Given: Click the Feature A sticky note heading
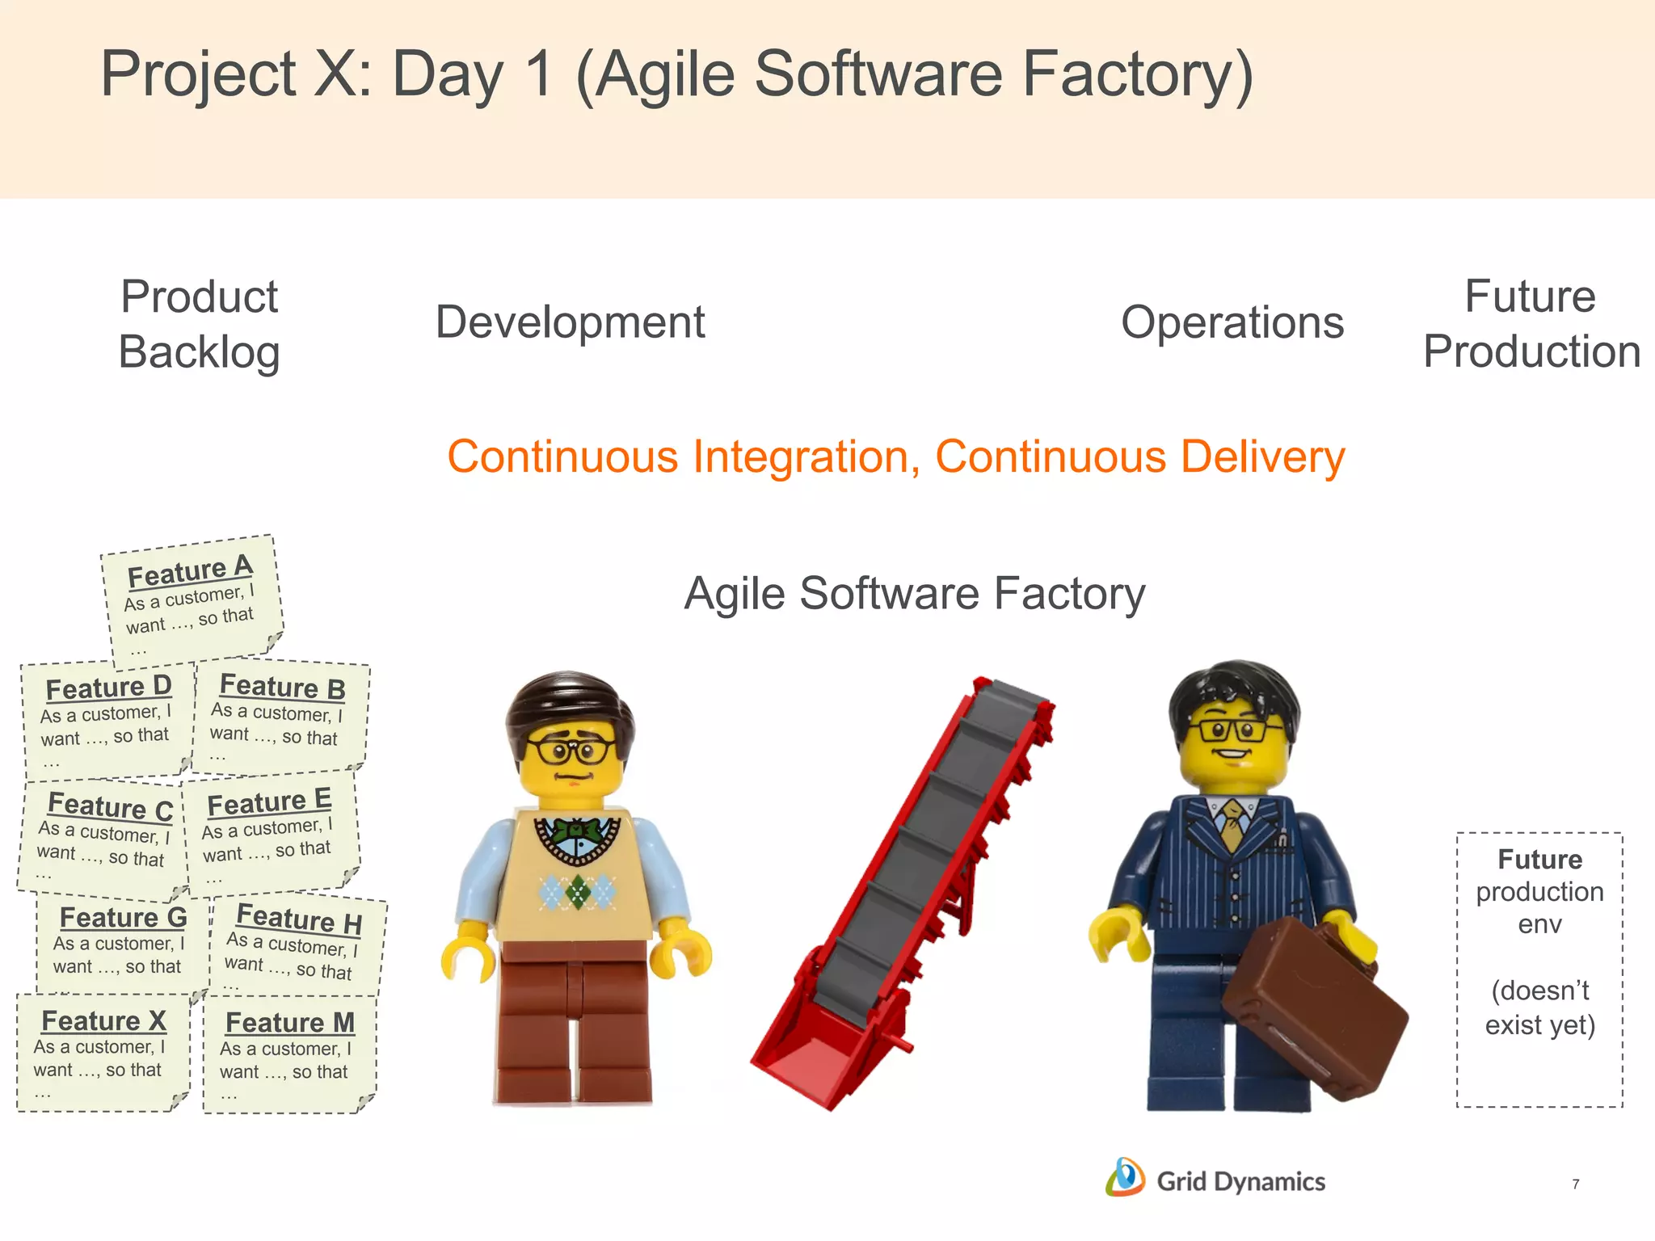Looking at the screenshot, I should click(x=190, y=571).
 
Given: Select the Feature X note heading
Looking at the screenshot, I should click(x=103, y=1020).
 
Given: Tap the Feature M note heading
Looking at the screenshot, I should click(x=290, y=1022).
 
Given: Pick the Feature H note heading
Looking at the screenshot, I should click(x=298, y=919).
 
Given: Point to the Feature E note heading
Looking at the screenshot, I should click(x=269, y=801).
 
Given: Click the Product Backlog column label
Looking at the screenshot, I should click(x=199, y=324).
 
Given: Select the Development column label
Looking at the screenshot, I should click(x=570, y=322).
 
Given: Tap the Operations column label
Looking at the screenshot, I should click(x=1232, y=322).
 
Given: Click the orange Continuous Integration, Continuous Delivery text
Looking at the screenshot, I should click(x=895, y=456).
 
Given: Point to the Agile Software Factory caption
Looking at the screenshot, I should click(x=914, y=593).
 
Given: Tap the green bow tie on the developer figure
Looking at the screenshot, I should click(x=577, y=829).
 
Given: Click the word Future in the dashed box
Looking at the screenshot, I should click(x=1539, y=859).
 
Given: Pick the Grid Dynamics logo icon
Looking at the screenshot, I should click(x=1125, y=1177).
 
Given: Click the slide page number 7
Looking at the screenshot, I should click(x=1575, y=1184).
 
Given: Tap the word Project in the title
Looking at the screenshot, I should click(x=199, y=74).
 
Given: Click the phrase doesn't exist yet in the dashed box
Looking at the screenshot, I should click(x=1539, y=1008).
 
